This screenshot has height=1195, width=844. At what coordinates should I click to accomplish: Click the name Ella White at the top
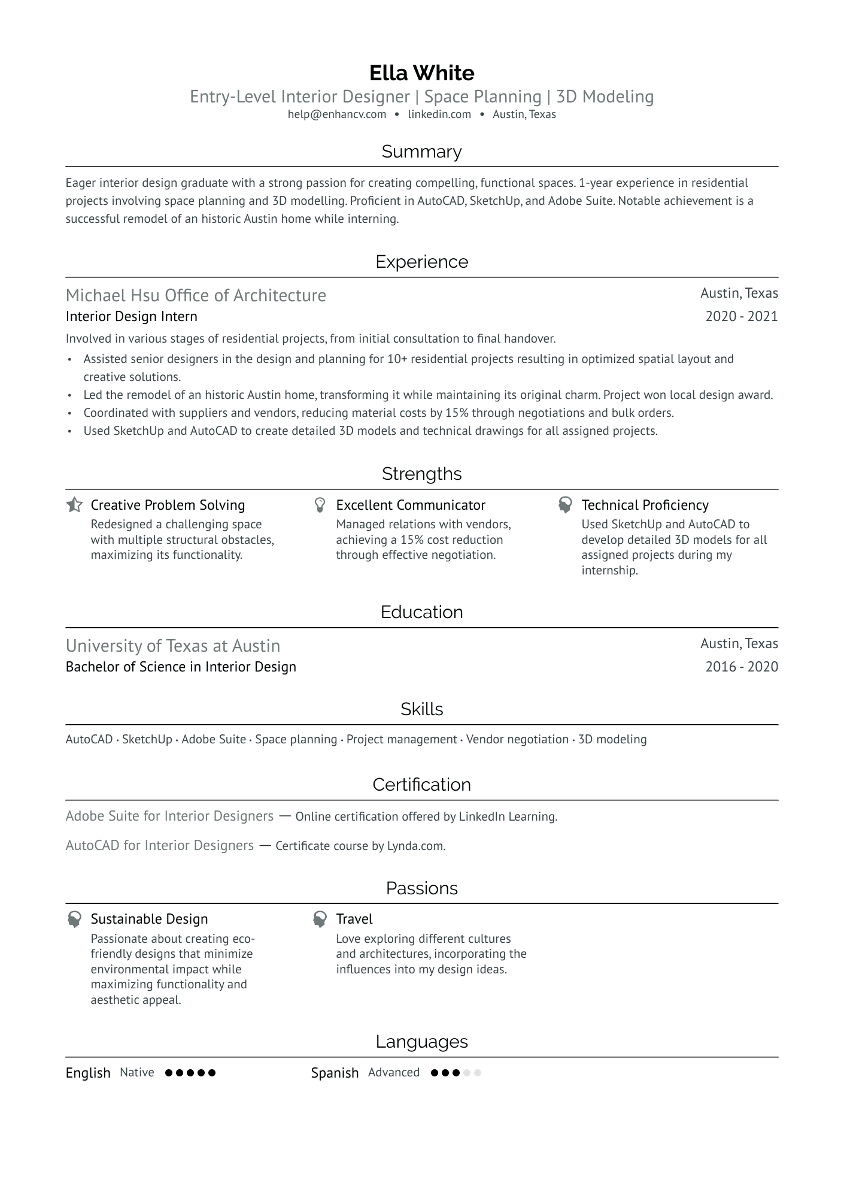(421, 73)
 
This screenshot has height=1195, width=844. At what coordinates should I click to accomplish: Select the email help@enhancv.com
(336, 114)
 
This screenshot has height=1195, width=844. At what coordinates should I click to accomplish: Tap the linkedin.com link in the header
(439, 114)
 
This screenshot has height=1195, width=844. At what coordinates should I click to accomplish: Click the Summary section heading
(421, 152)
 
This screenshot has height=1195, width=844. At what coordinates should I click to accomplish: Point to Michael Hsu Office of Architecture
(196, 295)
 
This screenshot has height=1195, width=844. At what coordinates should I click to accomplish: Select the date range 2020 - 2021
(741, 316)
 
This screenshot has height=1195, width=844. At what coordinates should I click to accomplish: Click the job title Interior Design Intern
(131, 316)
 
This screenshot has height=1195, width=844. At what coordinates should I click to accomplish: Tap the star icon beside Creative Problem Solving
(74, 505)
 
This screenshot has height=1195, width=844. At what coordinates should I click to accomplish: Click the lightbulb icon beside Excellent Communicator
(320, 505)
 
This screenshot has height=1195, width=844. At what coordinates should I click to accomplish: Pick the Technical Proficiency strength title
(645, 505)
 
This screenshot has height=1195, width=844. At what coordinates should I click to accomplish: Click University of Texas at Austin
(173, 646)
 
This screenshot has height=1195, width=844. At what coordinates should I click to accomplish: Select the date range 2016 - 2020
(741, 667)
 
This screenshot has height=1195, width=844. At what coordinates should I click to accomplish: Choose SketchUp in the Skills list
(147, 740)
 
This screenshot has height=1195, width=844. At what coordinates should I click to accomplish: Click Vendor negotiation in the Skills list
(517, 740)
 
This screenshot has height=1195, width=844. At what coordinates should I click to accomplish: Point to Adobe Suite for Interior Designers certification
(169, 816)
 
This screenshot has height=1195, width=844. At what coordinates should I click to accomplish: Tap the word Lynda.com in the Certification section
(415, 846)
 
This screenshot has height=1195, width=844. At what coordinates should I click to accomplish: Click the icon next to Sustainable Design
(74, 919)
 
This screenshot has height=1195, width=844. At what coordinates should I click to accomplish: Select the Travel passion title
(354, 919)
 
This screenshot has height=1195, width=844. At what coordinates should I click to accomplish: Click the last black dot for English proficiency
(211, 1073)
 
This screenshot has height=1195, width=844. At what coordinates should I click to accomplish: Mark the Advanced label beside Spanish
(393, 1073)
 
